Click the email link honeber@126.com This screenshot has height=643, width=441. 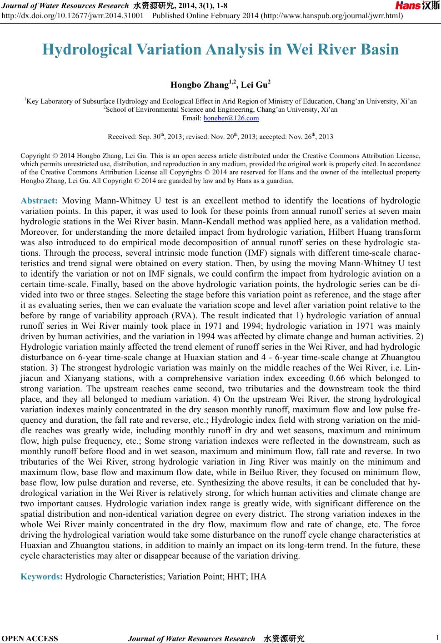(x=231, y=119)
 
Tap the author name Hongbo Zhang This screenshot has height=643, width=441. (x=199, y=85)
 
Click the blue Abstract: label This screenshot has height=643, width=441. (x=39, y=201)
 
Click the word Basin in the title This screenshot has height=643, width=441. (x=379, y=49)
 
